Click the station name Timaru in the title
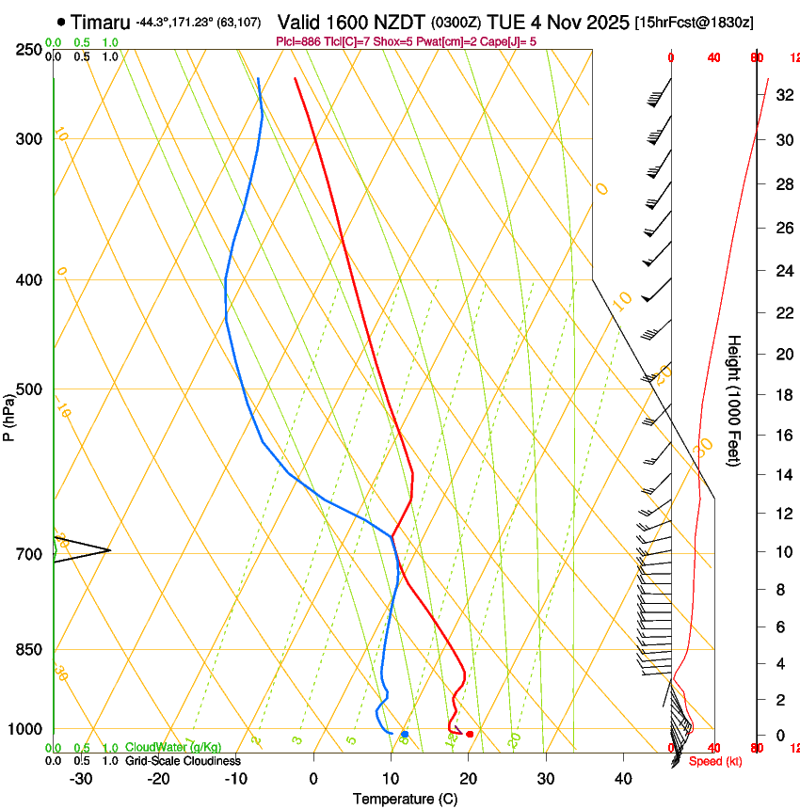point(101,22)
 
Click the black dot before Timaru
point(61,22)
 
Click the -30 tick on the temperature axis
point(81,778)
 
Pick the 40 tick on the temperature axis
point(622,778)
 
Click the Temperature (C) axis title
point(405,799)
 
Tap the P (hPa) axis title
point(9,414)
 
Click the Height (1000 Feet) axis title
point(735,400)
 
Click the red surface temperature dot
point(470,734)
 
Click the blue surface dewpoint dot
point(405,734)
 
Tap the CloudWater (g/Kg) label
point(173,748)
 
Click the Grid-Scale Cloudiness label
point(183,760)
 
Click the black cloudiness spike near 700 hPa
point(85,550)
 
